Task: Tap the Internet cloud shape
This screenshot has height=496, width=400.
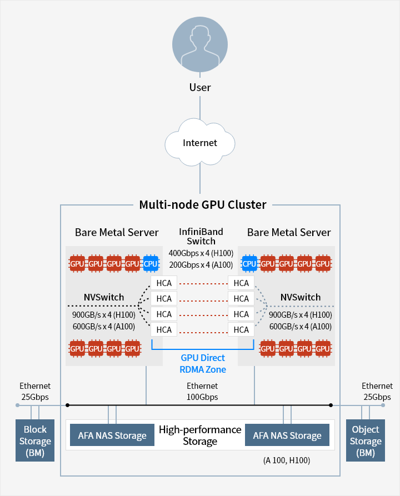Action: coord(200,143)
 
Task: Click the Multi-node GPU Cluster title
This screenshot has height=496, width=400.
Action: coord(202,204)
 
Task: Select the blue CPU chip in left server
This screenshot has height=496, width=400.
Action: coord(151,263)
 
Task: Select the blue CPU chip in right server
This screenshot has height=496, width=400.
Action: coord(249,263)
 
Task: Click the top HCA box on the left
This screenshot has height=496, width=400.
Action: coord(164,283)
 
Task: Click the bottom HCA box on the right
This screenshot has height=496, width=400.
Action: coord(241,329)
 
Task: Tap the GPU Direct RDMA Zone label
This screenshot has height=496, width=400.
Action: coord(203,364)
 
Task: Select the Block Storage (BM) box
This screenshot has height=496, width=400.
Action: coord(35,441)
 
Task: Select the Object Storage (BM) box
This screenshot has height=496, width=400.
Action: coord(366,441)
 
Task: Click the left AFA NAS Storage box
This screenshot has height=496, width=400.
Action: coord(112,435)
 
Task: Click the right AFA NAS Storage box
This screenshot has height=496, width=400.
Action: coord(287,435)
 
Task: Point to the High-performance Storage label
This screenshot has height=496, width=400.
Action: coord(200,435)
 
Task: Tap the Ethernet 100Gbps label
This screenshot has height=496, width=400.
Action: coord(202,392)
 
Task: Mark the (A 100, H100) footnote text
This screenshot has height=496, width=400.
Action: coord(287,460)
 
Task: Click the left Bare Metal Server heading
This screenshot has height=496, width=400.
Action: coord(117,232)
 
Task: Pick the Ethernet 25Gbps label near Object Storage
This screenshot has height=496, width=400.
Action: coord(377,392)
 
